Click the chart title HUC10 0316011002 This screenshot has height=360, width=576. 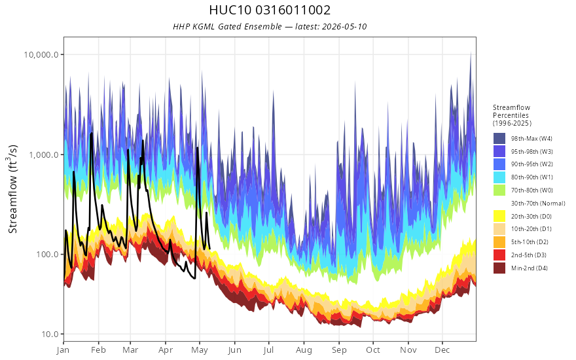(270, 10)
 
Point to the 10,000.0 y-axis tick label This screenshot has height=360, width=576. (41, 55)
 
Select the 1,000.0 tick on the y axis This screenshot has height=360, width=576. (44, 154)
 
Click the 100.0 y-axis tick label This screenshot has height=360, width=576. (47, 254)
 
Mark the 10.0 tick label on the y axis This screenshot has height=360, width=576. (50, 334)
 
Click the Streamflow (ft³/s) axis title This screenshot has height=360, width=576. (13, 189)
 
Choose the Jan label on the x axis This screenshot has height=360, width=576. (63, 350)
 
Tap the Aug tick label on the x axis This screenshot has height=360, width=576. (304, 350)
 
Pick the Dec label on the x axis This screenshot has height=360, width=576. (442, 350)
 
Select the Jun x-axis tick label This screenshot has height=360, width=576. (234, 350)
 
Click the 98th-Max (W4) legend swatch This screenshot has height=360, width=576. (499, 139)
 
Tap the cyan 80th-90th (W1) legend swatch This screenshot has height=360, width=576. (499, 177)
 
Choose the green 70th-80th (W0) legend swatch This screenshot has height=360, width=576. (499, 190)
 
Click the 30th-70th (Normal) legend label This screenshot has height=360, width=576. (538, 203)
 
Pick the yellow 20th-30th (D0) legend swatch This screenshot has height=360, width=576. (499, 216)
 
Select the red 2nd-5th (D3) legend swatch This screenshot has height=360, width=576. (499, 255)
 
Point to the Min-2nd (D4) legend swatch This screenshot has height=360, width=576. (499, 268)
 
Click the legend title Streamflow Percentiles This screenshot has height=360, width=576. (512, 111)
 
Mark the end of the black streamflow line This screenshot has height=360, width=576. (209, 249)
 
